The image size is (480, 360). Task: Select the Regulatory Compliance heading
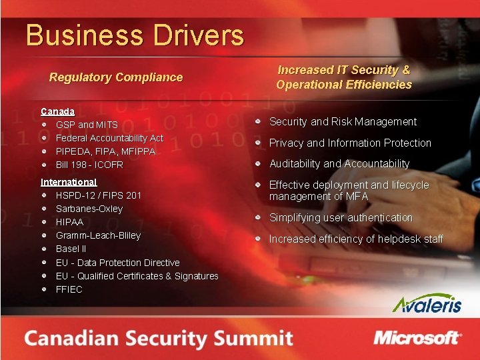pos(116,77)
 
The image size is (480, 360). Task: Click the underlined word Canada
pos(57,111)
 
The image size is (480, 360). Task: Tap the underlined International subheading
pos(69,182)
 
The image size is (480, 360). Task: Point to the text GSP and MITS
pos(87,125)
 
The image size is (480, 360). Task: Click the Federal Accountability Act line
pos(109,138)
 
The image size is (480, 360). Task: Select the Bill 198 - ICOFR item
pos(89,165)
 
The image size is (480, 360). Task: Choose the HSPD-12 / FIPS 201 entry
pos(99,195)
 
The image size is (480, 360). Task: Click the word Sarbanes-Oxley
pos(89,209)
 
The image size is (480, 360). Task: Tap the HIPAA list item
pos(69,222)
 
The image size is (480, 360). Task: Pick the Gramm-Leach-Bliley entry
pos(98,235)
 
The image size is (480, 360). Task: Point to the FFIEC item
pos(69,289)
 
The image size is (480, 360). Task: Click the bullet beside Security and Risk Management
pos(257,122)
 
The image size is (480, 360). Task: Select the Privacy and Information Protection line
pos(350,143)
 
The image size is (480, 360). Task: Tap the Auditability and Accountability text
pos(339,163)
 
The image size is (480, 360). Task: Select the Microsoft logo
pos(417,338)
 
